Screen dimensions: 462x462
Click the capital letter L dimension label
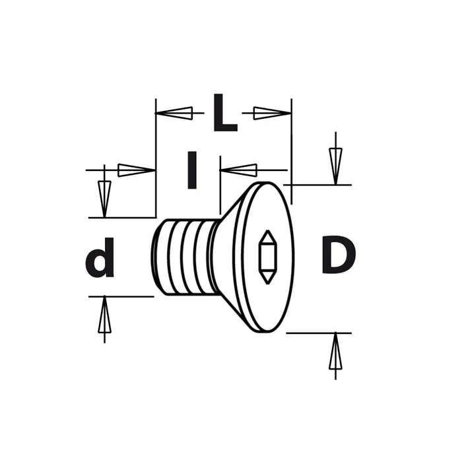[225, 114]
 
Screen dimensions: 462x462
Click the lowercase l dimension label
[192, 170]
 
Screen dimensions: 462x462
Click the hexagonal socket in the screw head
[267, 257]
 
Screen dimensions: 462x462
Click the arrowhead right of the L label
[272, 113]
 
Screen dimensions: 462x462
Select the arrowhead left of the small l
[136, 170]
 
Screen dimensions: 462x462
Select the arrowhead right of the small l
[238, 170]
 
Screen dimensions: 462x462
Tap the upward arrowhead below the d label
[104, 319]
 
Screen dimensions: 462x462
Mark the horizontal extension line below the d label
[121, 296]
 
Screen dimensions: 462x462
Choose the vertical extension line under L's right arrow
[291, 152]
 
